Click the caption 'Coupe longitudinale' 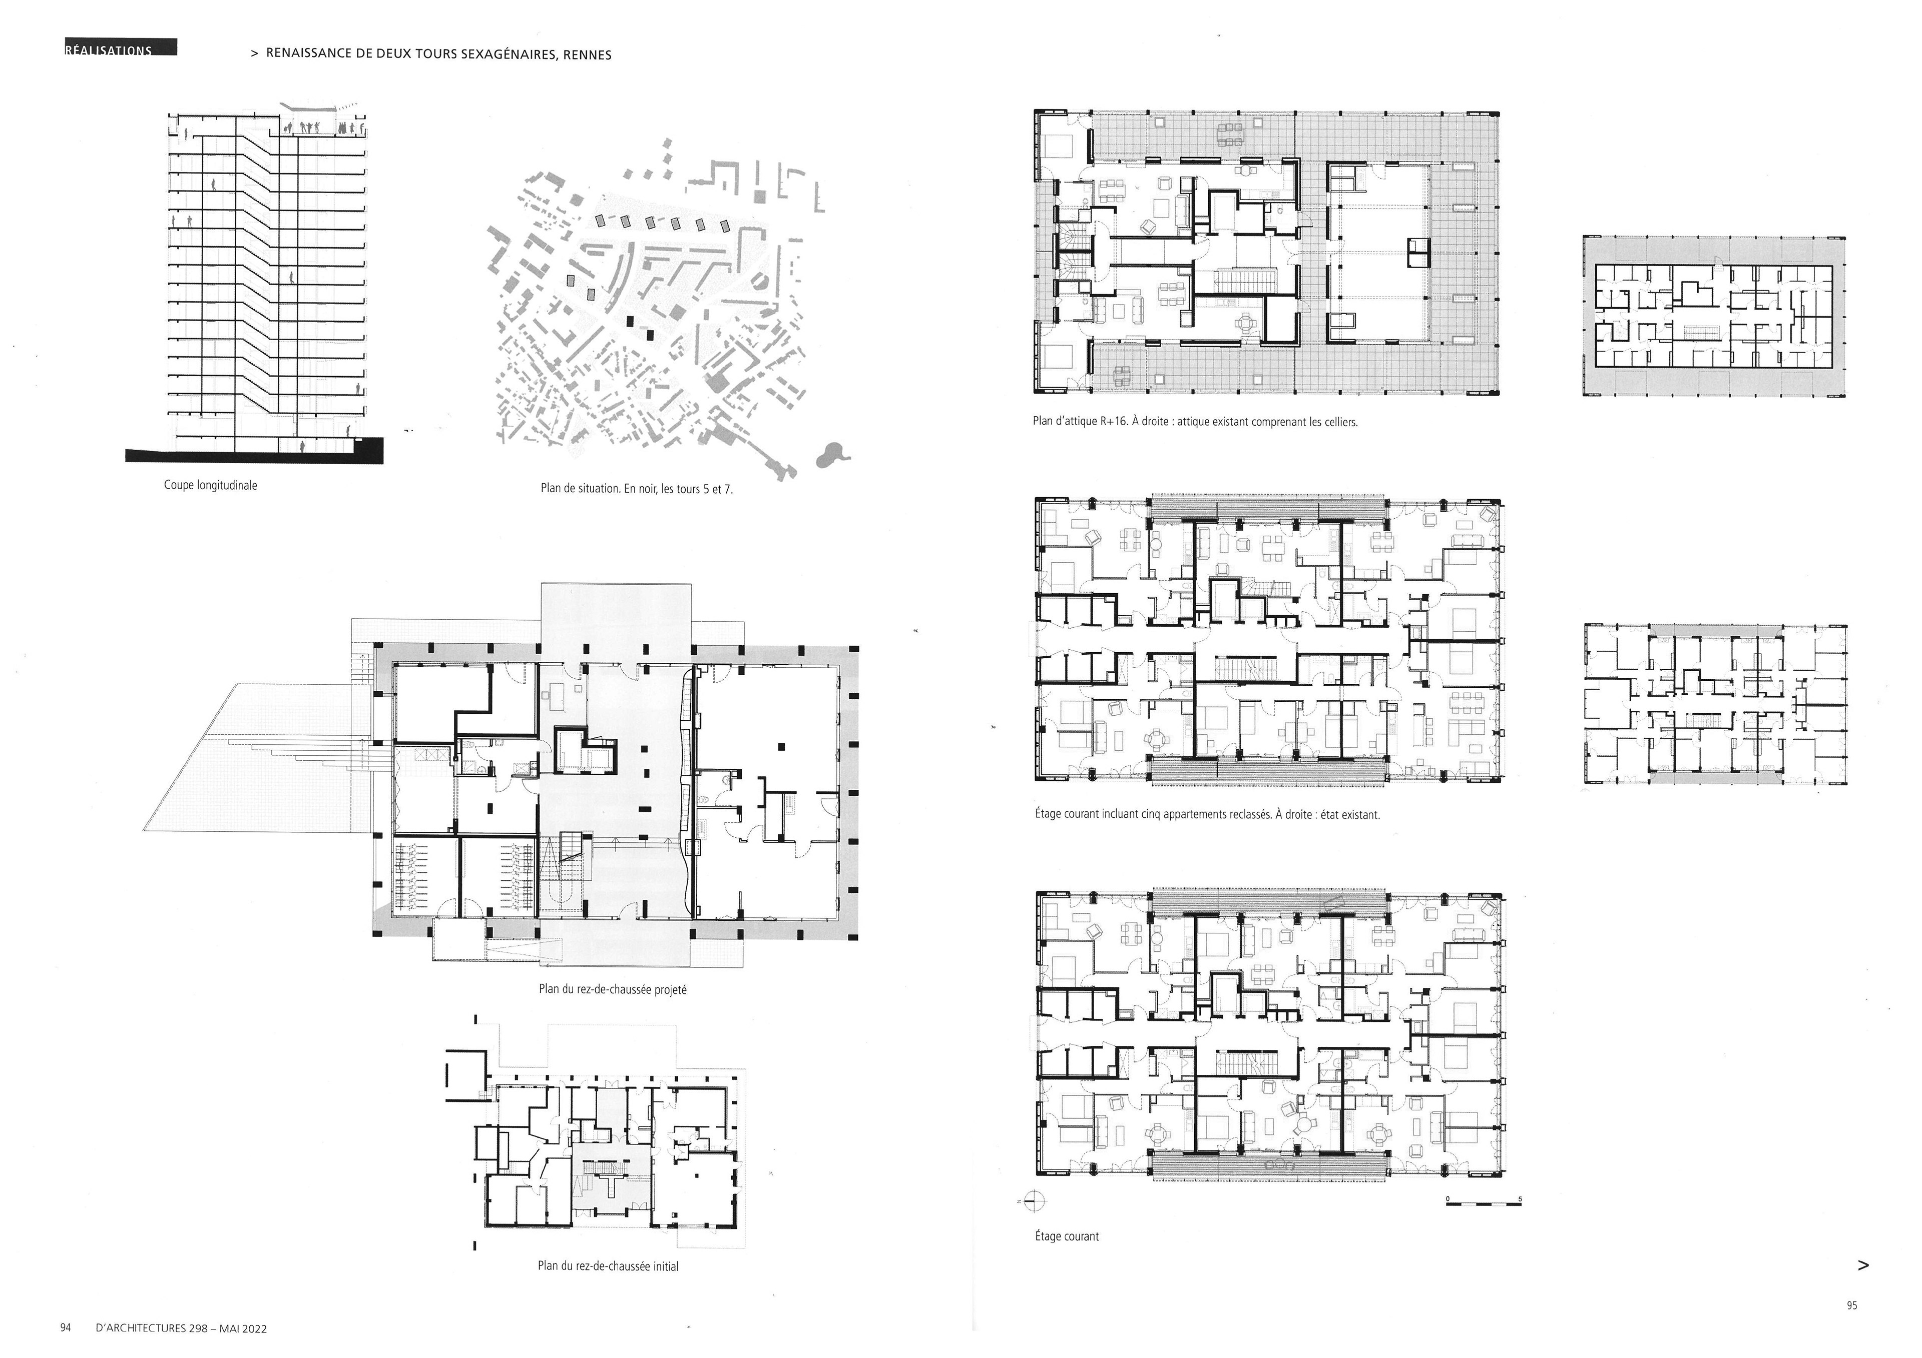pos(210,485)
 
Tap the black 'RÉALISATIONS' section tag pos(120,49)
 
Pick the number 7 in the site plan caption pos(729,489)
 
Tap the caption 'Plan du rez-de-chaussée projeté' pos(613,989)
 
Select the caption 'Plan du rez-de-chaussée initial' pos(608,1266)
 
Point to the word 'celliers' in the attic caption pos(1338,422)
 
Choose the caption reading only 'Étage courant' pos(1067,1236)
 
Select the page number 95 pos(1852,1305)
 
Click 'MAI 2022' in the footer pos(243,1328)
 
